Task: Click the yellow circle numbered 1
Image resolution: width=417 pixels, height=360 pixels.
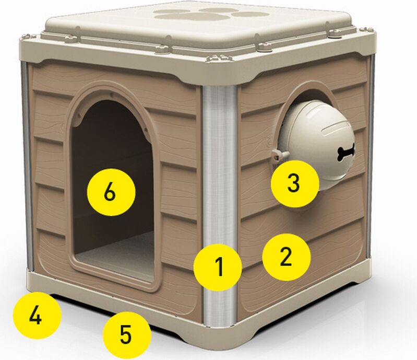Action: point(218,267)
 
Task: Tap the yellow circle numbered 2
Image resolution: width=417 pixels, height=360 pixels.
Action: point(286,257)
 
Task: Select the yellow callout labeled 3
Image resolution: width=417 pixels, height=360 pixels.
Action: point(295,183)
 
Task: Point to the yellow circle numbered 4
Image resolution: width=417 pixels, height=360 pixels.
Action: point(37,316)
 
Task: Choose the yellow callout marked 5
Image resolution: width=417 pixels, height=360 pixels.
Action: point(127,335)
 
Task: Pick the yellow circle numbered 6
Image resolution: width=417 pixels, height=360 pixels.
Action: point(111,192)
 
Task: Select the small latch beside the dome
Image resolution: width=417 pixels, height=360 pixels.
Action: point(279,154)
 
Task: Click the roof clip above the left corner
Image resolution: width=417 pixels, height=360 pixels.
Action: point(30,36)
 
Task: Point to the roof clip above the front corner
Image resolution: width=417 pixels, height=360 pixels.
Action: point(216,58)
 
